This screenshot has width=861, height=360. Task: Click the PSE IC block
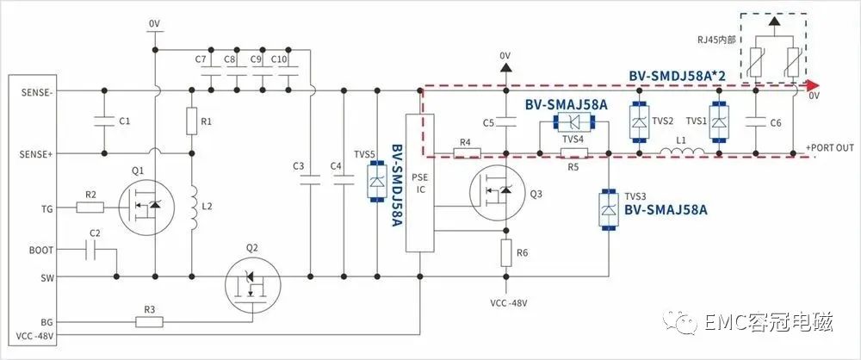[x=419, y=183]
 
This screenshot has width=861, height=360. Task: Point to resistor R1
[x=192, y=121]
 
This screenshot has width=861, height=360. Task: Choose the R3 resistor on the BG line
[x=149, y=322]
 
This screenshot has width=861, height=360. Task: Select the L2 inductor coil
[x=193, y=208]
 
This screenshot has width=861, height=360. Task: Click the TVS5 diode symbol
[x=377, y=181]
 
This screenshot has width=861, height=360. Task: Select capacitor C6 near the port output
[x=756, y=122]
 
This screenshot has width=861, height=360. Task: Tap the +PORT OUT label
[x=830, y=147]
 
